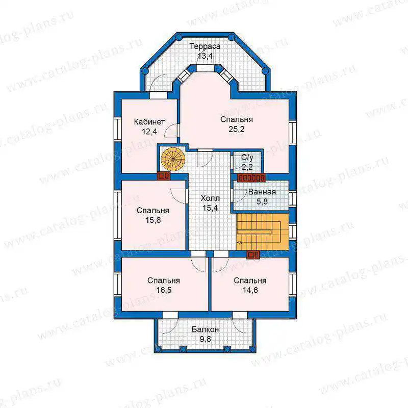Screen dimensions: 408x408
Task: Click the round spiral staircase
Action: [173, 159]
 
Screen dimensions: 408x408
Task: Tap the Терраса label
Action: [205, 46]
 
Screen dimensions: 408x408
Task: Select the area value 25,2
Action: [237, 129]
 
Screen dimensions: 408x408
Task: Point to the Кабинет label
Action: [149, 122]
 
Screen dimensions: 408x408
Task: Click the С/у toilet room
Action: [247, 162]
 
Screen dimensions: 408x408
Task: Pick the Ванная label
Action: [262, 192]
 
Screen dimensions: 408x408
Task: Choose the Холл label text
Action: [210, 198]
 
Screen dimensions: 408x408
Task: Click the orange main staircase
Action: [262, 232]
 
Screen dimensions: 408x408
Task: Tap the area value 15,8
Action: [153, 220]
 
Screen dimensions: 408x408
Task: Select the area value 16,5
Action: [164, 290]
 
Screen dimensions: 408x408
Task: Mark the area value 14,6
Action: [250, 290]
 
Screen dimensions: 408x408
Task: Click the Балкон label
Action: [206, 329]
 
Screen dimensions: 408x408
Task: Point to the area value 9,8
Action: [206, 339]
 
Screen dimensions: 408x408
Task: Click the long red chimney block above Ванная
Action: [251, 177]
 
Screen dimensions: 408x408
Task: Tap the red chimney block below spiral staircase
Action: [164, 176]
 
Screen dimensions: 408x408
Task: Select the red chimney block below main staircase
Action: [253, 254]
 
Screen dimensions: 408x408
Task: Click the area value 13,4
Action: [206, 56]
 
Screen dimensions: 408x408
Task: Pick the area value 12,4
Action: [149, 132]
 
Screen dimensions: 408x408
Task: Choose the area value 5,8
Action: [262, 201]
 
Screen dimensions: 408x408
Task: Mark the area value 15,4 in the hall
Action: [210, 208]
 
